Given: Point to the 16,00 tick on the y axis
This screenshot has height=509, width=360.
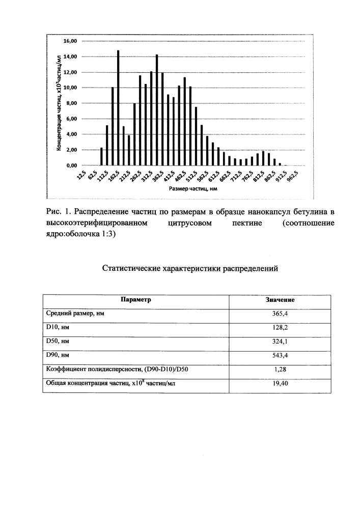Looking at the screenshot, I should point(70,41).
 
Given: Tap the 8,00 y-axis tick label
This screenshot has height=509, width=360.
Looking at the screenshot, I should point(70,103).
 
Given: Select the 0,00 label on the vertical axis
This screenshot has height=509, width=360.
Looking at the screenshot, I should point(70,165).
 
